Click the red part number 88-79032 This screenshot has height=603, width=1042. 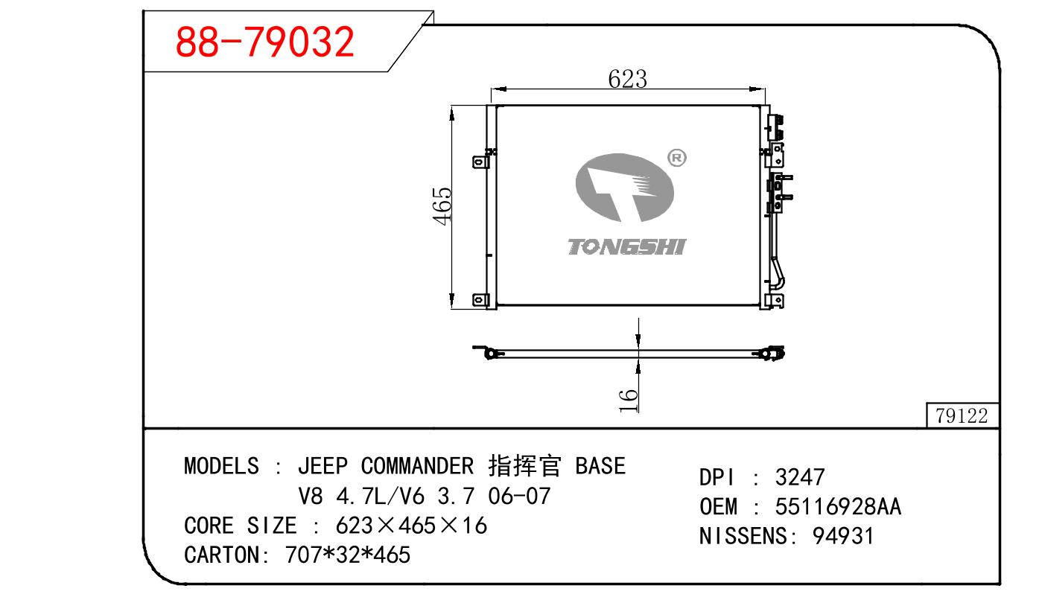pos(264,42)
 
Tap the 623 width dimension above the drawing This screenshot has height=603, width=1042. pos(628,79)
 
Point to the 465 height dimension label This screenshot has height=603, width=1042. pos(442,206)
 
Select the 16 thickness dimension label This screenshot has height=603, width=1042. pos(628,401)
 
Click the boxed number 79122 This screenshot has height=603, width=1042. pos(962,415)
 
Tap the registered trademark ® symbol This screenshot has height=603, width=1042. pos(677,158)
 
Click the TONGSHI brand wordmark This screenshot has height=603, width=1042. pos(626,247)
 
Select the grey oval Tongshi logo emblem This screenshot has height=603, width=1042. pos(625,188)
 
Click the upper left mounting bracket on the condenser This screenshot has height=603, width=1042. pos(480,162)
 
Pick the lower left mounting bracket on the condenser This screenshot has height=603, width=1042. pos(480,300)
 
